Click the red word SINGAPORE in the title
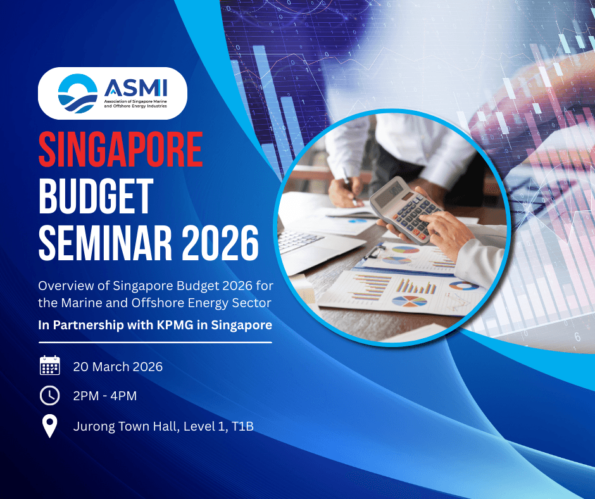point(121,149)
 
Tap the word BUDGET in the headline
point(96,196)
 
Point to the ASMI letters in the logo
point(135,88)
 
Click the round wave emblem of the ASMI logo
point(77,94)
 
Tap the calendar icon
point(50,366)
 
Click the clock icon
point(50,396)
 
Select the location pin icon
point(50,426)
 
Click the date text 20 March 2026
point(118,367)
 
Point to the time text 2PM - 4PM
point(104,396)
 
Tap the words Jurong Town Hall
point(125,426)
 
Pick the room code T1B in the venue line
point(242,426)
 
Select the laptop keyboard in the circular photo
point(299,239)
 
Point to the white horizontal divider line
point(155,343)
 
